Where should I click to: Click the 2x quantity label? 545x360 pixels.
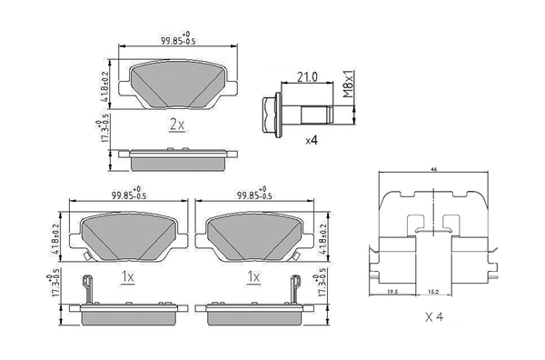[x=177, y=125]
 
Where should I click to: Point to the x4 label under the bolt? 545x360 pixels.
[x=312, y=140]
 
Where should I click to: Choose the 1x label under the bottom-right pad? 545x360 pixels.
[x=254, y=275]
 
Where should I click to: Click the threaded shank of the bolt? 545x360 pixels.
[x=313, y=113]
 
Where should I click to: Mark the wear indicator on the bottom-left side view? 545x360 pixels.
[x=87, y=289]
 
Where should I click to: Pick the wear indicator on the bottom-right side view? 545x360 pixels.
[x=292, y=289]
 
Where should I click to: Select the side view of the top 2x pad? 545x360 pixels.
[x=177, y=157]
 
